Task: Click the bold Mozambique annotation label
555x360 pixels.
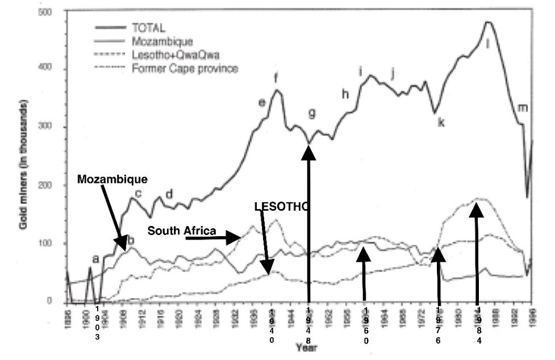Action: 112,179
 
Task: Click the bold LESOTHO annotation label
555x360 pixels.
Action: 282,207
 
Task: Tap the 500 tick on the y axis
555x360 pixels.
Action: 54,12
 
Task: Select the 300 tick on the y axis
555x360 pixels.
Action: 54,128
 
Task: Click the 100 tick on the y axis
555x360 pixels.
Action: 54,244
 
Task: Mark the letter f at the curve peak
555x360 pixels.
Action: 276,78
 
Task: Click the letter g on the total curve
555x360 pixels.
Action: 311,113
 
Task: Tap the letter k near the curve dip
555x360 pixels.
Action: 441,121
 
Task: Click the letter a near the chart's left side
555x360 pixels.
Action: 95,259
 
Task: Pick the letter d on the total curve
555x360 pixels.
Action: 169,195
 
